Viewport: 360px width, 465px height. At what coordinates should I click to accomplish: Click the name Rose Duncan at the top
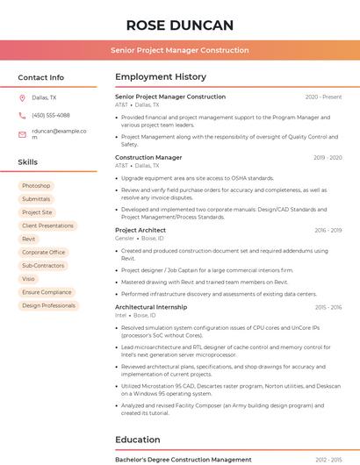pos(179,25)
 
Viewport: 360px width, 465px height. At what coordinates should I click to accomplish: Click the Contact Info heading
pos(40,77)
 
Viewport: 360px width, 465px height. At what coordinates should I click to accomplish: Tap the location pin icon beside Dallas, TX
pos(22,97)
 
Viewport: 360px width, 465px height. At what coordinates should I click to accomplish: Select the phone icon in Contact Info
pos(22,115)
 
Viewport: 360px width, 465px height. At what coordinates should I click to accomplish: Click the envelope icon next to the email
pos(22,134)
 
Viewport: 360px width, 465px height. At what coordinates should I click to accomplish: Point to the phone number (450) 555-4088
pos(51,115)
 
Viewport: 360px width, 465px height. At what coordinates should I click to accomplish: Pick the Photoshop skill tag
pos(36,186)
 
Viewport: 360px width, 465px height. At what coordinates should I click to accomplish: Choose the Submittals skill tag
pos(36,199)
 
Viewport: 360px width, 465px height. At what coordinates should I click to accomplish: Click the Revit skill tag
pos(29,239)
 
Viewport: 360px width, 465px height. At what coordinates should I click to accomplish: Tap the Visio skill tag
pos(29,278)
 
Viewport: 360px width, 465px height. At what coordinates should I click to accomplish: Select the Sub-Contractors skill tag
pos(43,265)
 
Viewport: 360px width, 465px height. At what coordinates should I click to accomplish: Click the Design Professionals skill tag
pos(48,305)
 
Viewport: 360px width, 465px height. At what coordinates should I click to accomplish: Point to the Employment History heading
pos(161,77)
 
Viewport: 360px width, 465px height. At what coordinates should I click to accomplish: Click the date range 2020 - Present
pos(323,97)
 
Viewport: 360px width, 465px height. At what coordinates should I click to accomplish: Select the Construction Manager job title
pos(148,158)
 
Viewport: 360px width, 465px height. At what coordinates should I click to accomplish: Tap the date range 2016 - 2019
pos(327,230)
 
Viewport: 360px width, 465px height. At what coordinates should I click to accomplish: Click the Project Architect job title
pos(140,230)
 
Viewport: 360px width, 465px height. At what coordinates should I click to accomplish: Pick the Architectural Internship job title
pos(151,307)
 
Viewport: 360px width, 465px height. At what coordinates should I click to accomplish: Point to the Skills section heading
pos(28,162)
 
